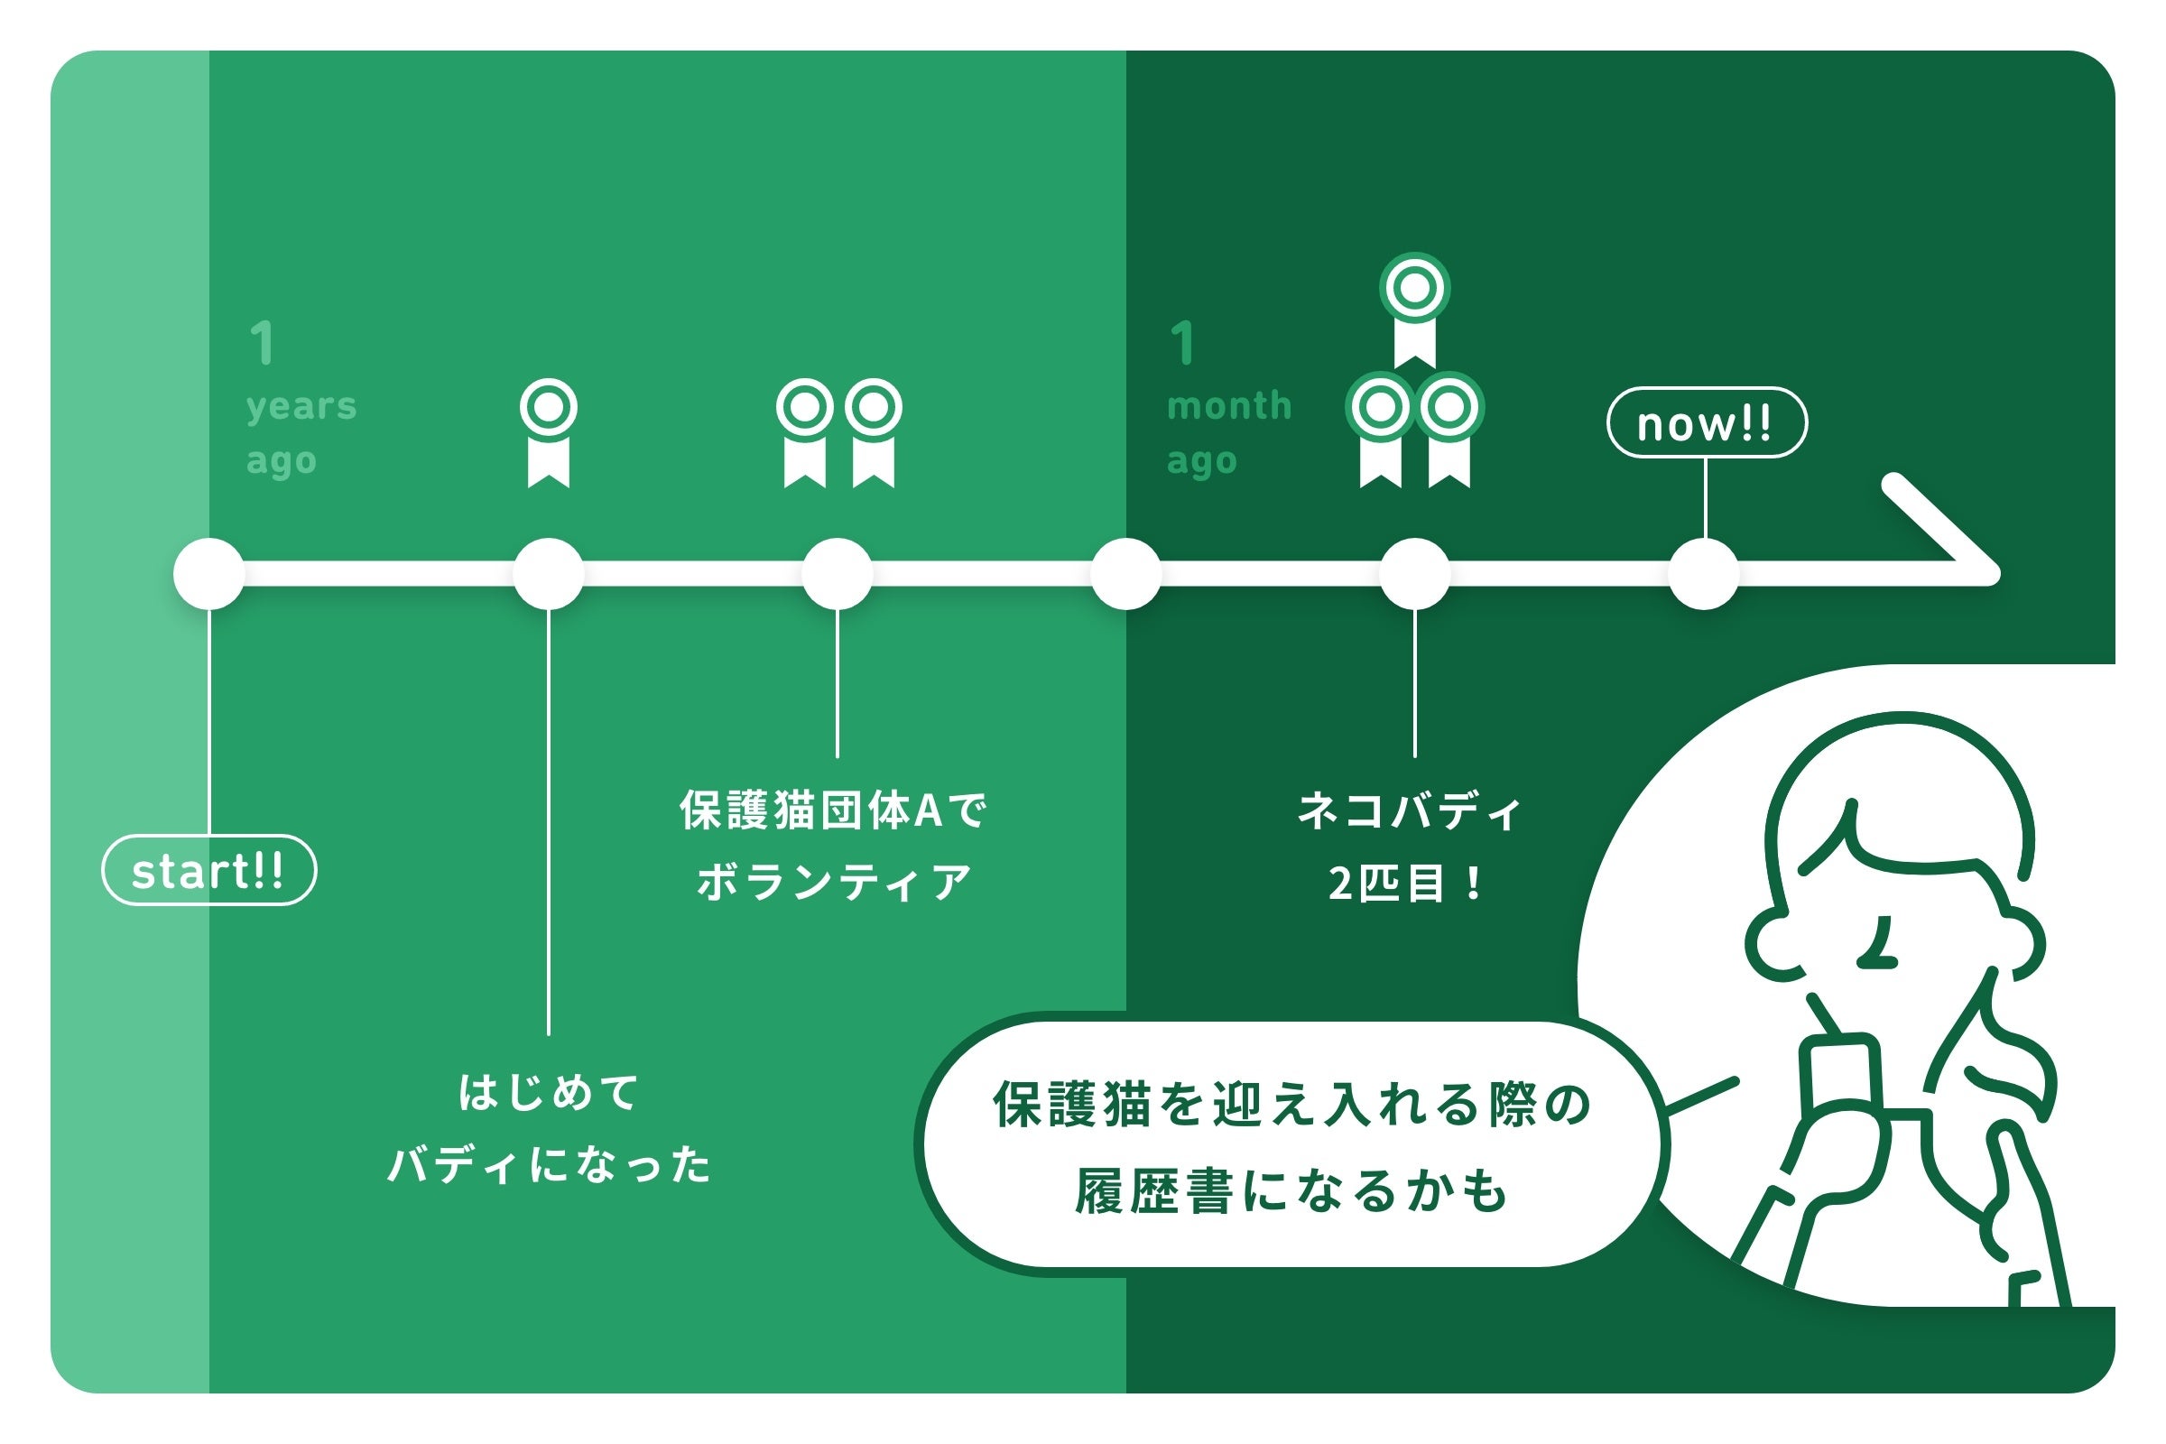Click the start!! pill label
pos(208,870)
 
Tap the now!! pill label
pos(1707,422)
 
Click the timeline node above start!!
pos(209,574)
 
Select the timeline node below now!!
pos(1704,574)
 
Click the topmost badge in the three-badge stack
pos(1414,309)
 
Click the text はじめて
pos(549,1093)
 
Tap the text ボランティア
pos(834,883)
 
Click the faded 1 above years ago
pos(263,344)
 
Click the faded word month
pos(1229,405)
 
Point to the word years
pos(301,406)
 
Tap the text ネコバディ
pos(1409,810)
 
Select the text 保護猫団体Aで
pos(833,810)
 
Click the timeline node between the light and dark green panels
pos(1126,574)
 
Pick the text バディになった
pos(549,1165)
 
